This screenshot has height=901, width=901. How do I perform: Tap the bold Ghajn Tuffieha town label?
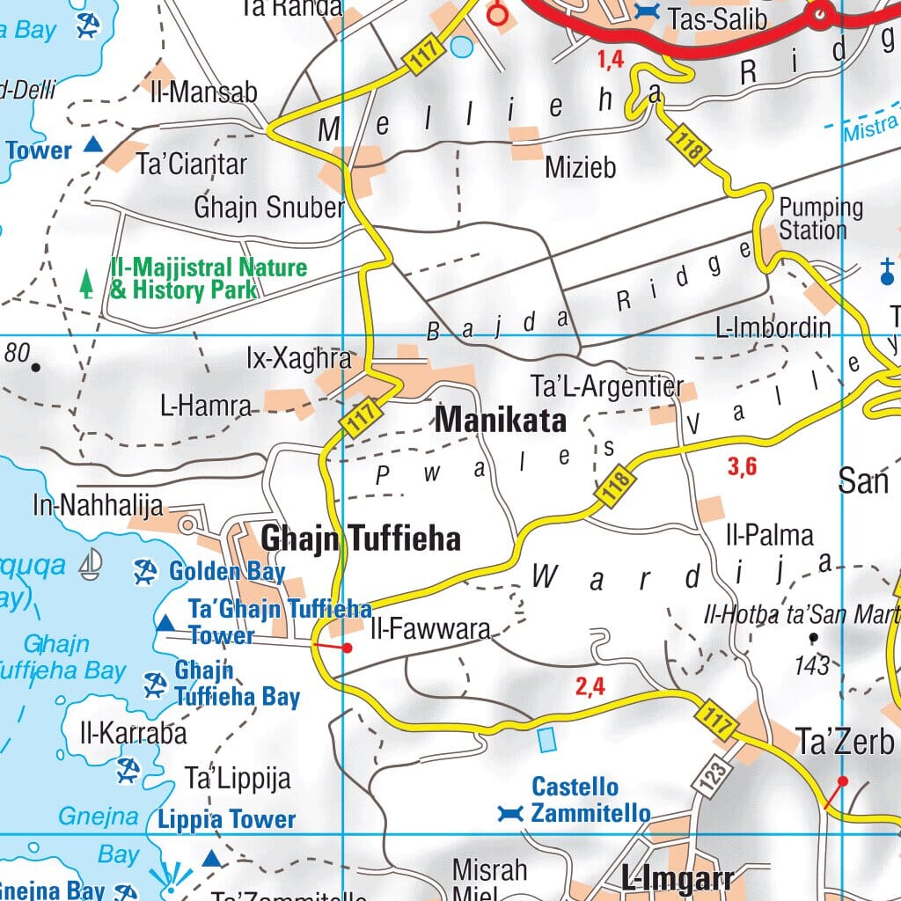coord(360,538)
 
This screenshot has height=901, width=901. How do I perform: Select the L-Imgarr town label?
coord(677,878)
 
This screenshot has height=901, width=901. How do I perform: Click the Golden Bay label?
coord(227,572)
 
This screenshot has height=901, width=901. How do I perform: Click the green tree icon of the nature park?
coord(86,282)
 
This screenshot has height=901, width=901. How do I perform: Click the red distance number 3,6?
coord(742,467)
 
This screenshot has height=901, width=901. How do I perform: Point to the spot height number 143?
coord(810,665)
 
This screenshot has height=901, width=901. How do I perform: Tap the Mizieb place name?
coord(580,167)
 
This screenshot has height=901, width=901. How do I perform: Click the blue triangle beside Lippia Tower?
coord(211,858)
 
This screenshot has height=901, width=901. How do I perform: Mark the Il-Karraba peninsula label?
coord(133,732)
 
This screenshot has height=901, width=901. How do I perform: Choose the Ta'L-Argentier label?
coord(606,387)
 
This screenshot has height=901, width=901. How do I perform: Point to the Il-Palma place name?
coord(769,535)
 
